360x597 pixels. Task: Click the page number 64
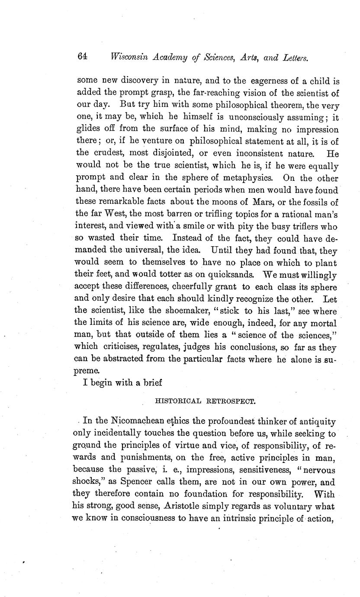click(83, 57)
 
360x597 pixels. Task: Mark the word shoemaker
click(156, 311)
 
